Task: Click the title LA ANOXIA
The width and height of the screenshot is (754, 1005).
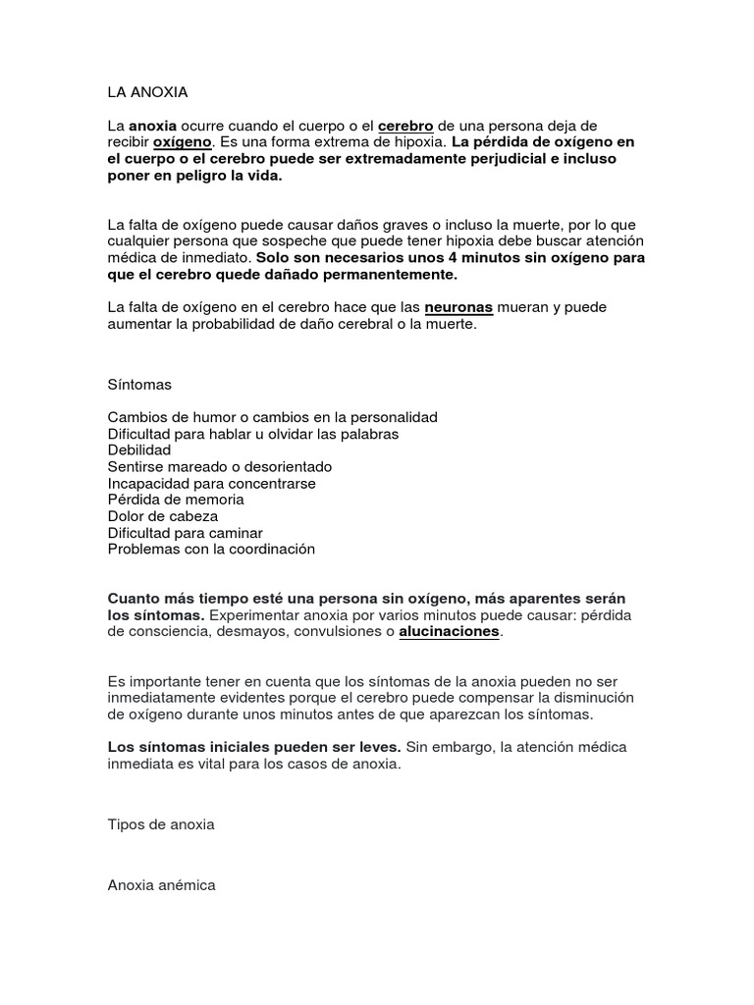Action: point(147,92)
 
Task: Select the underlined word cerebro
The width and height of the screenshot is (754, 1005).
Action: point(405,126)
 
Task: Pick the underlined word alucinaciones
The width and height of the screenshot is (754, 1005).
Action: point(450,632)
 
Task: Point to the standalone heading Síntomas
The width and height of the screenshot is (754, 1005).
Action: point(139,384)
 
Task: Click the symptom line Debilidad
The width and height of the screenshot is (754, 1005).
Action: point(139,450)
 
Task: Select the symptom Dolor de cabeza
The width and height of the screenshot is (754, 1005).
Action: point(163,516)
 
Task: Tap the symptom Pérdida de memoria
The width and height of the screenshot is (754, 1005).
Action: point(176,500)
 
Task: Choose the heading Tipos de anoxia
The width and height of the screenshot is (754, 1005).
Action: point(161,824)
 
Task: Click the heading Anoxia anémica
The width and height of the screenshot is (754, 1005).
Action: point(161,885)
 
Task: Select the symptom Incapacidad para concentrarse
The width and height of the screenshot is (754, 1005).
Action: point(211,484)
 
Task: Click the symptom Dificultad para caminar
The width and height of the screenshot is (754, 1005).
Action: point(185,533)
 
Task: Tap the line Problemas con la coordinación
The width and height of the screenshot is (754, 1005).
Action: point(211,550)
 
